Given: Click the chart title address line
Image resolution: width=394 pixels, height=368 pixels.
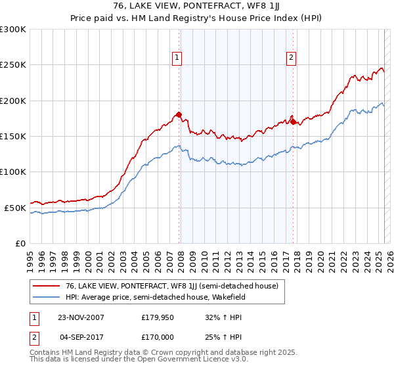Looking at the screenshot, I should [196, 7].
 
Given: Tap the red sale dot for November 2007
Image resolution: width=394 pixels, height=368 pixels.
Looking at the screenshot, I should [179, 115].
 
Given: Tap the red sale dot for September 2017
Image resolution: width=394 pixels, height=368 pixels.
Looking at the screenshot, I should [293, 122].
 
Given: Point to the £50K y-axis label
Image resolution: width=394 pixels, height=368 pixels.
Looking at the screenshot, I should [15, 208].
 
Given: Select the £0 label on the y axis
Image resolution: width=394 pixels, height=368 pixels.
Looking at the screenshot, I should [20, 243].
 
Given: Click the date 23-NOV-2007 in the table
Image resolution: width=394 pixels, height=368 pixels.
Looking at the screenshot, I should [81, 317].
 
